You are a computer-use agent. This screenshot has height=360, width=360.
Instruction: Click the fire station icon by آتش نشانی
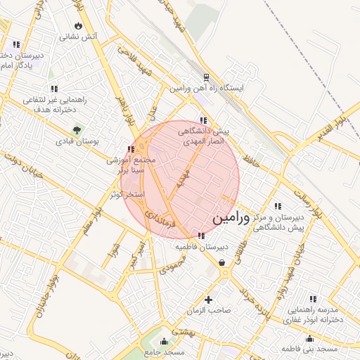coord(78,26)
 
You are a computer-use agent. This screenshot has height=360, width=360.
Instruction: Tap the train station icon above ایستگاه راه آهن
coord(205,77)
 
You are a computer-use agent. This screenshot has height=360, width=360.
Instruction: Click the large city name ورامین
coord(229,219)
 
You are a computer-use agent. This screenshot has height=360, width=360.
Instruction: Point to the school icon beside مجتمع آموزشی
coord(131,149)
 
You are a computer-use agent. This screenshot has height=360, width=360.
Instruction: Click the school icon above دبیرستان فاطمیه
coord(202,236)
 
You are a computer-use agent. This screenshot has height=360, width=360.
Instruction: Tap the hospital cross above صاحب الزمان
coord(208,300)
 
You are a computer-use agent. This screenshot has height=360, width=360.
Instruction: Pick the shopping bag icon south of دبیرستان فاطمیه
coord(223,263)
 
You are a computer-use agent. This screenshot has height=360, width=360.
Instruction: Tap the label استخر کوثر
coord(127,193)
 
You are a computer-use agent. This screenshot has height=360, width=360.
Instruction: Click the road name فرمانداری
coord(156,220)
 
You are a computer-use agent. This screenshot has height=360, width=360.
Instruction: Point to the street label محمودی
coord(172,265)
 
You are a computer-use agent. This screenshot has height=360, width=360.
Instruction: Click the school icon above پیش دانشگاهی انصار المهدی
coord(203,120)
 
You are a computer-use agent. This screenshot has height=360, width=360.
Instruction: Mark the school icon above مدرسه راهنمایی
coord(312,298)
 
